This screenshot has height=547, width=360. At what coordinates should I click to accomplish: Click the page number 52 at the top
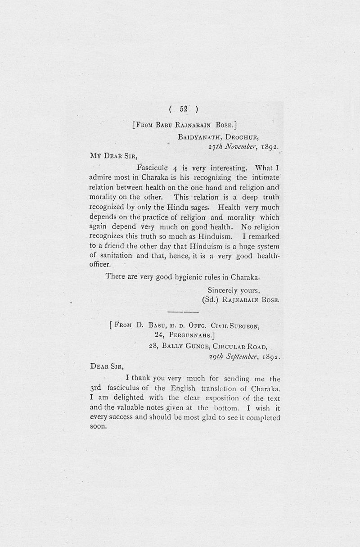184,108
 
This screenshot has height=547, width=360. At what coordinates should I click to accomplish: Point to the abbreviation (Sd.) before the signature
211,299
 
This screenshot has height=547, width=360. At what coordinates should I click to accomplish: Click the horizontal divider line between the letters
183,312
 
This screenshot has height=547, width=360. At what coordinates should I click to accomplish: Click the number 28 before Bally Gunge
153,347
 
